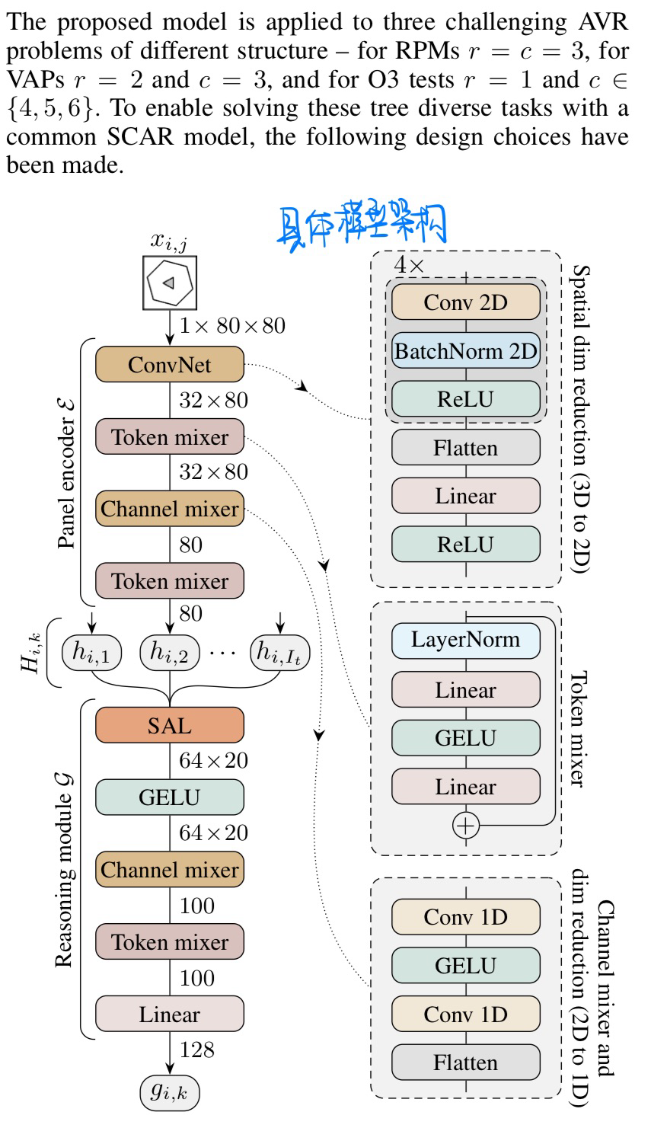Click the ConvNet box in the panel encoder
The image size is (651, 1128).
pyautogui.click(x=169, y=365)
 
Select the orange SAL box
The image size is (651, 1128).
pyautogui.click(x=169, y=726)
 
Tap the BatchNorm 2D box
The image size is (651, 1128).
pyautogui.click(x=465, y=351)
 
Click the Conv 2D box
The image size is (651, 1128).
pyautogui.click(x=465, y=302)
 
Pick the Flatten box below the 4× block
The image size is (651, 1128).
pyautogui.click(x=465, y=448)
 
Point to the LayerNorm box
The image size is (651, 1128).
pyautogui.click(x=465, y=640)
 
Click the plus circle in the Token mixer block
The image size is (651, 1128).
pyautogui.click(x=465, y=825)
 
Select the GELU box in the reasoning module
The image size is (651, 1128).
pyautogui.click(x=169, y=797)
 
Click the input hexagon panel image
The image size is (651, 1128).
pyautogui.click(x=170, y=283)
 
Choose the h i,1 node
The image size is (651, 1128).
pyautogui.click(x=91, y=652)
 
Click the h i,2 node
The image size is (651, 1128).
pyautogui.click(x=169, y=652)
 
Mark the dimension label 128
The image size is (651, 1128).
pyautogui.click(x=197, y=1050)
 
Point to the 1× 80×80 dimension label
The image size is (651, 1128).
pyautogui.click(x=232, y=326)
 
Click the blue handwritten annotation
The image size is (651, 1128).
pyautogui.click(x=361, y=225)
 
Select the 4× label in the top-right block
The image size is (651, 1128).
pyautogui.click(x=408, y=265)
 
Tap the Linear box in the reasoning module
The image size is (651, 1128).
pyautogui.click(x=169, y=1015)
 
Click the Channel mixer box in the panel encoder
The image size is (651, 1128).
pyautogui.click(x=169, y=509)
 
